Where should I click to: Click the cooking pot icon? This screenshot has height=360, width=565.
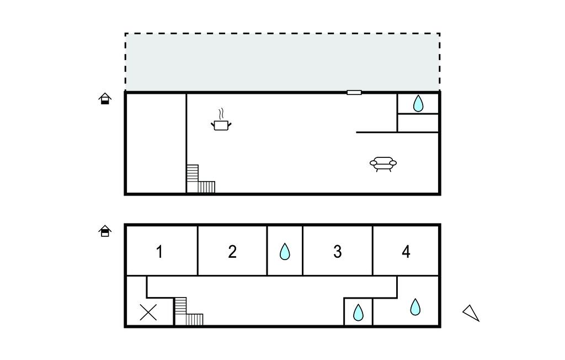tap(221, 123)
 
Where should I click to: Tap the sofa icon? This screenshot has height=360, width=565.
tap(383, 163)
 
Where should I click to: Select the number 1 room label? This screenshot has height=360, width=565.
tap(159, 252)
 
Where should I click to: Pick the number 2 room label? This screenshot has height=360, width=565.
tap(232, 252)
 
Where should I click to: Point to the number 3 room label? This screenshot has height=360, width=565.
tap(337, 252)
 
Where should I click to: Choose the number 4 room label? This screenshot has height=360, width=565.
tap(406, 252)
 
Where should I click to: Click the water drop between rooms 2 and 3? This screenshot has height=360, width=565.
tap(285, 252)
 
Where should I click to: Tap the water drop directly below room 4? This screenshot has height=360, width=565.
tap(415, 306)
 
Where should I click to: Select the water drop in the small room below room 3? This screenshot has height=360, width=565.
tap(358, 313)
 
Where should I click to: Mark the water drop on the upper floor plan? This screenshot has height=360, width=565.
tap(418, 103)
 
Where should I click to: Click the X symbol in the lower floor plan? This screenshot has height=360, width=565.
tap(148, 313)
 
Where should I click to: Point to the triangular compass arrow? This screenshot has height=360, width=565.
tap(471, 313)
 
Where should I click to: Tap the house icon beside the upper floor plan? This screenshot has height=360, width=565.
tap(105, 99)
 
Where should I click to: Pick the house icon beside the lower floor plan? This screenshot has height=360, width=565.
tap(105, 231)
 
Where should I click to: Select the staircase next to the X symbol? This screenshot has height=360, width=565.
tap(188, 313)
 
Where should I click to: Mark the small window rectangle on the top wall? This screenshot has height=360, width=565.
tap(354, 92)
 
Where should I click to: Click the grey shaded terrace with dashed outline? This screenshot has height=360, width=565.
tap(282, 62)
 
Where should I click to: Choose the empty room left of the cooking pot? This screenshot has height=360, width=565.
tap(156, 143)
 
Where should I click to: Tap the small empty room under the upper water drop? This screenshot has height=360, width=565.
tap(418, 123)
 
